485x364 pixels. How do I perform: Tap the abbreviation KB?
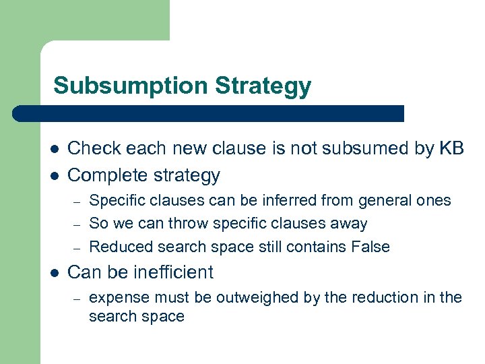(x=451, y=148)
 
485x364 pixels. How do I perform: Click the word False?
(x=370, y=247)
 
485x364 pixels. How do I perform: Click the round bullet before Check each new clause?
(x=53, y=149)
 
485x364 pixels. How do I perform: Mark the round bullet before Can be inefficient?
(x=53, y=273)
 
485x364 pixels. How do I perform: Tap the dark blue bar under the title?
(x=209, y=113)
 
